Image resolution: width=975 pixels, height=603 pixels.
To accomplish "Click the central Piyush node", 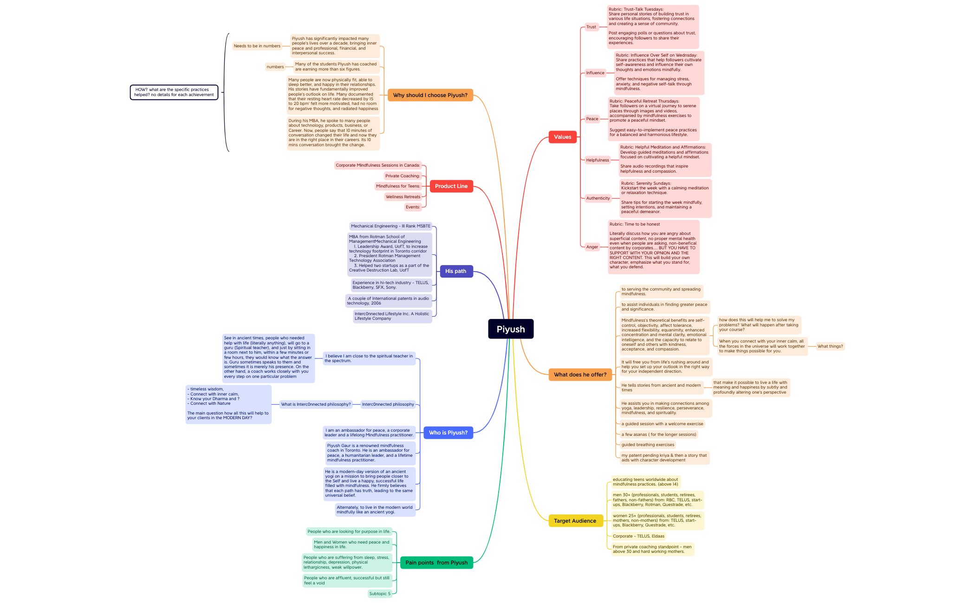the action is coord(511,329).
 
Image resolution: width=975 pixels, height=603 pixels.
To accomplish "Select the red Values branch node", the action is coord(563,137).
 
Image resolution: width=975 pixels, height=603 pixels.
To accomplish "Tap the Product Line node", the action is coord(451,186).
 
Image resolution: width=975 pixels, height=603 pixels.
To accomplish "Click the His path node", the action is coord(456,271).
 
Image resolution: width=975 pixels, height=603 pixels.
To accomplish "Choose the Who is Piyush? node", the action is coord(448,433).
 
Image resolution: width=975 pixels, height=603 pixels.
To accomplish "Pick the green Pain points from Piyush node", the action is coord(436,563).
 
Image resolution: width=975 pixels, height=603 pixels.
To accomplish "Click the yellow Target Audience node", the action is coord(575,521).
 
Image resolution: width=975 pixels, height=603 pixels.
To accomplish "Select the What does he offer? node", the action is coord(580,375).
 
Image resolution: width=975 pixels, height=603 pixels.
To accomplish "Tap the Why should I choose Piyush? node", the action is coord(430,95).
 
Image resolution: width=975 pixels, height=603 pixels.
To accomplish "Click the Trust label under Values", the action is coord(591,27).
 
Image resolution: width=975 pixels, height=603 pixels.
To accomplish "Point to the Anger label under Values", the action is coord(592,247).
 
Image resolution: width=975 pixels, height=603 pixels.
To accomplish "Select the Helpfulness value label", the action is coord(598,160).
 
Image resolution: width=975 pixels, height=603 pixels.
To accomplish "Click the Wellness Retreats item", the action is coord(403,197).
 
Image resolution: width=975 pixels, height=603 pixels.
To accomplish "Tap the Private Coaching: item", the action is coord(403,176).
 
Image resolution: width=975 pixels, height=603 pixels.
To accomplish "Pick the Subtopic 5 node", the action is coord(380,594).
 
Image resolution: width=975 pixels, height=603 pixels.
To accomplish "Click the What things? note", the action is coord(830,346).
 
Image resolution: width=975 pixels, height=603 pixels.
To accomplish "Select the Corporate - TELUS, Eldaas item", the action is coord(638,536).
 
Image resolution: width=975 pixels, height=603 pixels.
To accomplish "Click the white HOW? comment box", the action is coord(174,92).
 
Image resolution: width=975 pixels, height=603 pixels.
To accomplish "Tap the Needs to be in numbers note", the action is coord(257,46).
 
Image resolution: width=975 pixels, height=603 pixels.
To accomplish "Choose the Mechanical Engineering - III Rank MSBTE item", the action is coord(391,226).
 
